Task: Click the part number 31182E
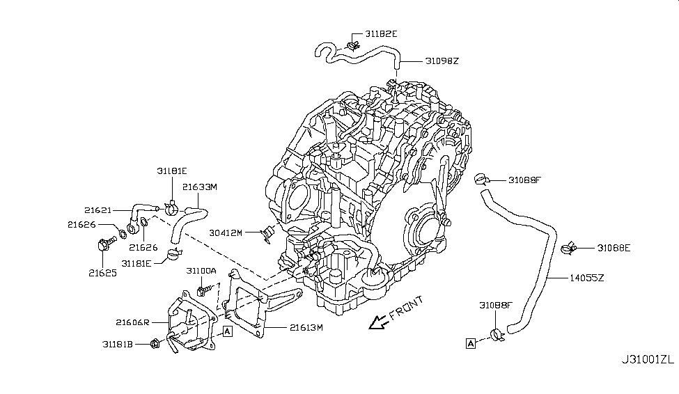pyautogui.click(x=378, y=33)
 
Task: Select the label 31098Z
pyautogui.click(x=442, y=61)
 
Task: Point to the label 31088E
pyautogui.click(x=613, y=247)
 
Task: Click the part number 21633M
pyautogui.click(x=201, y=187)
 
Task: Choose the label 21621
pyautogui.click(x=98, y=210)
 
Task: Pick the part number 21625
pyautogui.click(x=102, y=273)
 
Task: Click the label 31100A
pyautogui.click(x=201, y=270)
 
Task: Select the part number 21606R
pyautogui.click(x=133, y=322)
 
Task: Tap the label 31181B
pyautogui.click(x=118, y=343)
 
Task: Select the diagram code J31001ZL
pyautogui.click(x=648, y=360)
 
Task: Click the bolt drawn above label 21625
pyautogui.click(x=104, y=245)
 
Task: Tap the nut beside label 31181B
pyautogui.click(x=156, y=342)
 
